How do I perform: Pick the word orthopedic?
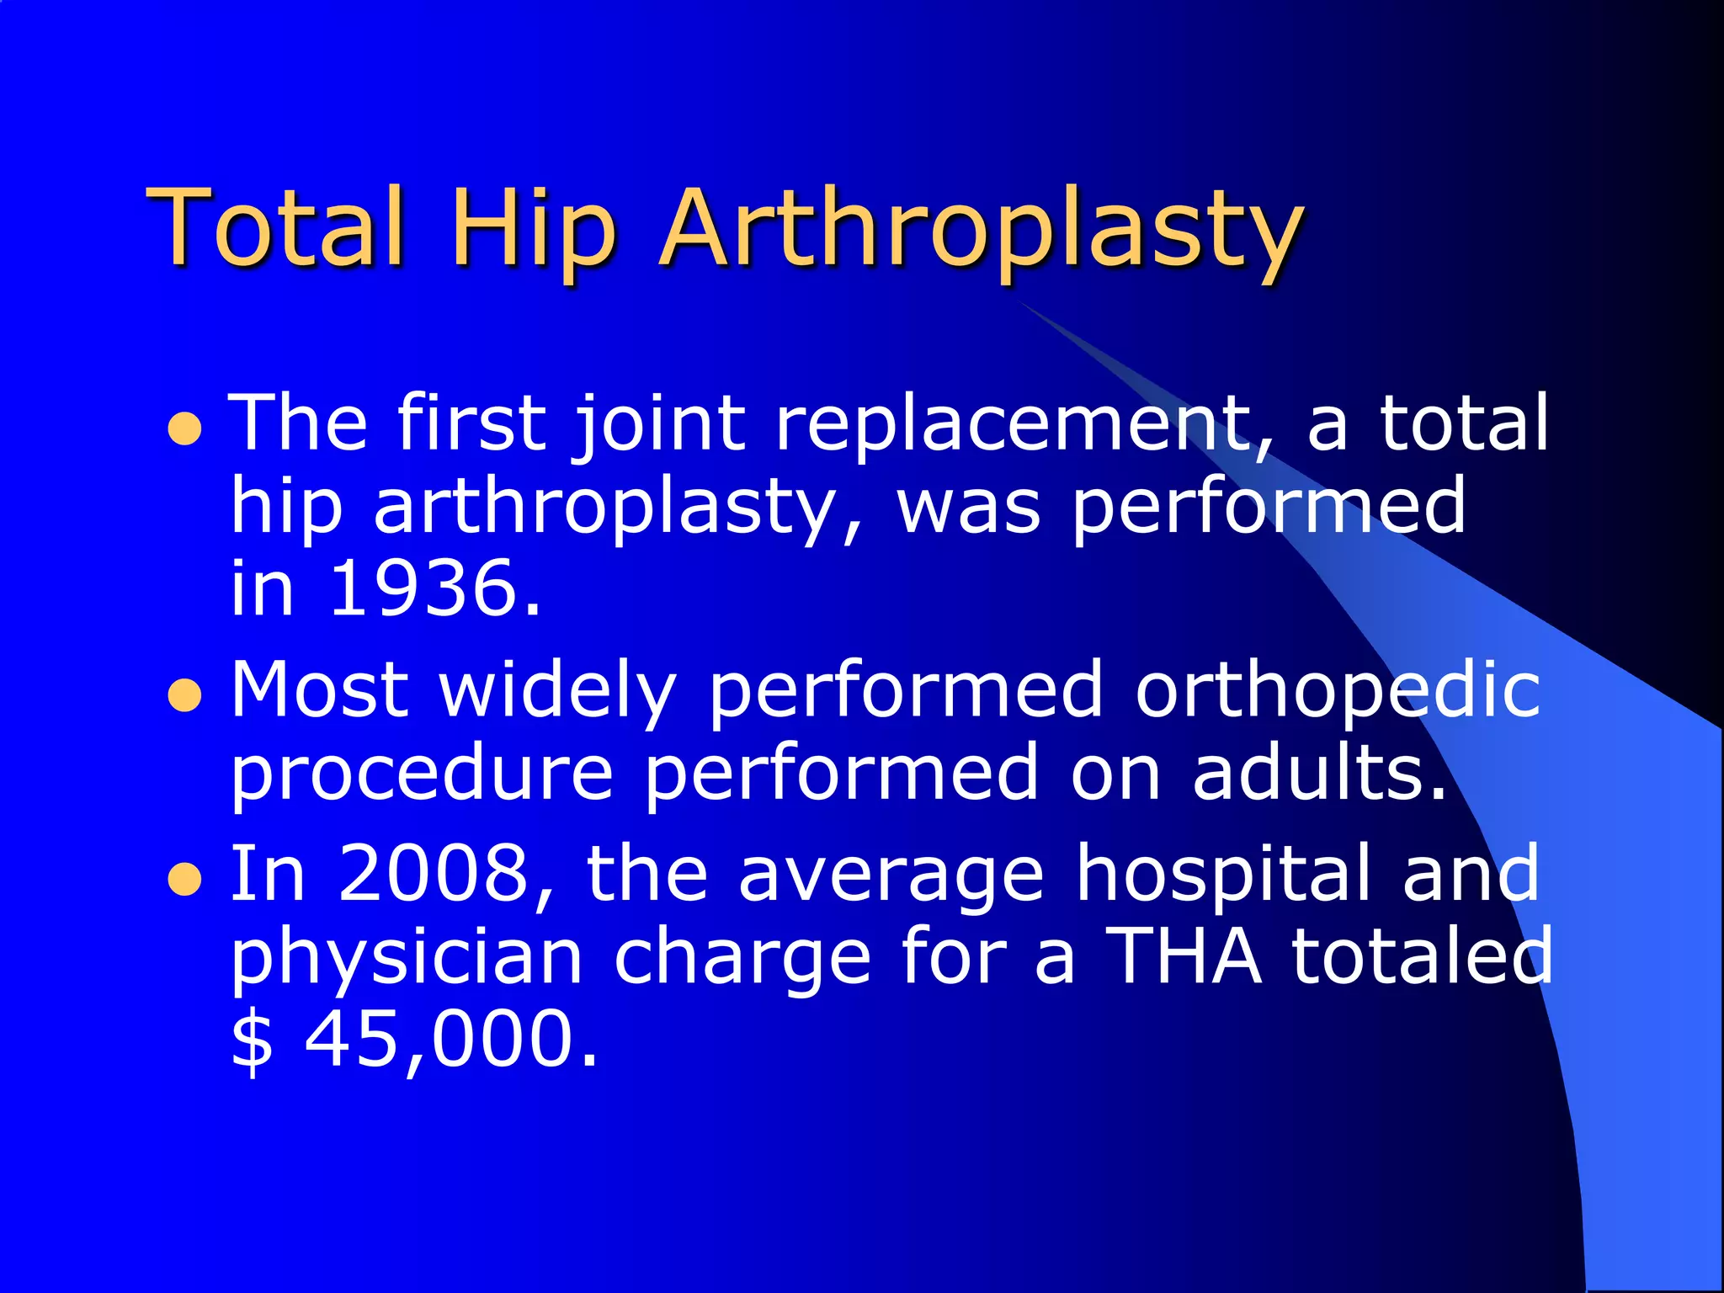pos(1338,690)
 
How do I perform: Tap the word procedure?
pos(422,773)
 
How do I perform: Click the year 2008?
pos(434,874)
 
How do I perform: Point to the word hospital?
pos(1224,874)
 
